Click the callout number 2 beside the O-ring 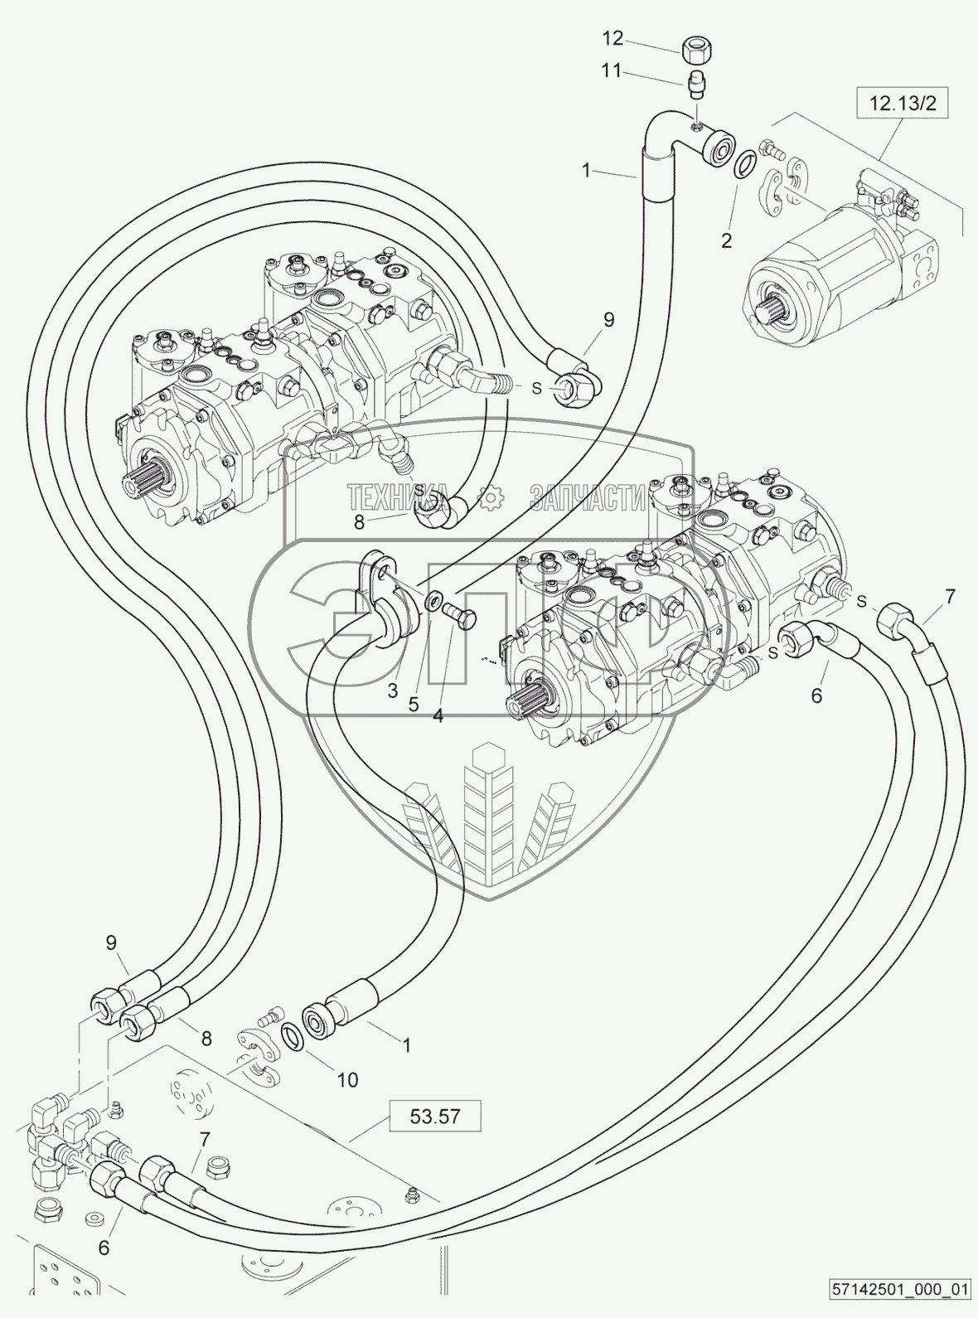click(726, 241)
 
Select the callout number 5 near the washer click(414, 704)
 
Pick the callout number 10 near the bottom click(346, 1079)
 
